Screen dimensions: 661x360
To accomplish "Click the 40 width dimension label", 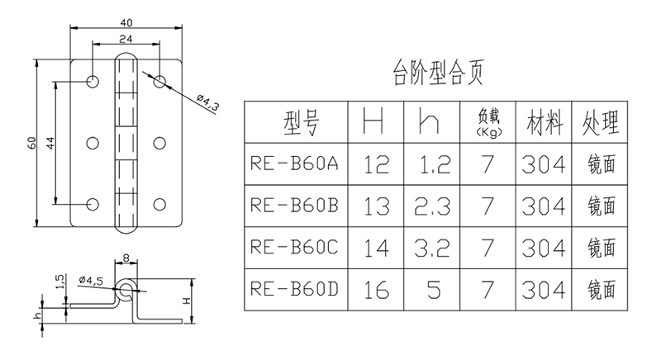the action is (x=126, y=23).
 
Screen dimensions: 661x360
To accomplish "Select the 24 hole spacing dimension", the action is (x=126, y=39).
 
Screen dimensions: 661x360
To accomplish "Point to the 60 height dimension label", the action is (x=32, y=143).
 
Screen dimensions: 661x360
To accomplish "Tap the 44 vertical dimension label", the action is (x=50, y=143).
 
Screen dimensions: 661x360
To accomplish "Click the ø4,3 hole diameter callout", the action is (x=208, y=103).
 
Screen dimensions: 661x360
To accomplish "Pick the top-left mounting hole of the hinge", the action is (x=93, y=81).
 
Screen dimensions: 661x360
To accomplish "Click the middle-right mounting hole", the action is (x=159, y=143).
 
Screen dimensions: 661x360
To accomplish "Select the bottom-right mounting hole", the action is (x=159, y=204).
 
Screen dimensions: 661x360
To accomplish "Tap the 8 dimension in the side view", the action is (x=126, y=258).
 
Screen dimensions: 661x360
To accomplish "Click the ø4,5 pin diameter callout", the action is (x=91, y=280).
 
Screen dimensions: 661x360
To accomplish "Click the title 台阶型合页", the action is (x=438, y=73).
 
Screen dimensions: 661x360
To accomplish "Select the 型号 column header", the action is (x=302, y=122).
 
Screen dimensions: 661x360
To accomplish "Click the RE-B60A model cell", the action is (x=294, y=163).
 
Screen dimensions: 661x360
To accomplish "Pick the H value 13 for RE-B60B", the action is (x=376, y=206).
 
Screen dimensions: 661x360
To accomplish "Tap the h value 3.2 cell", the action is (x=432, y=248).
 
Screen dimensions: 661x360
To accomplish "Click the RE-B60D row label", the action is (x=294, y=289).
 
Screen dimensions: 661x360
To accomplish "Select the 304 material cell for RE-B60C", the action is (x=544, y=248).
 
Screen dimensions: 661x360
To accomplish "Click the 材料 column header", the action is (x=544, y=122).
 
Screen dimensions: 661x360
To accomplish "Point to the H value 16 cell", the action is (x=376, y=290).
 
